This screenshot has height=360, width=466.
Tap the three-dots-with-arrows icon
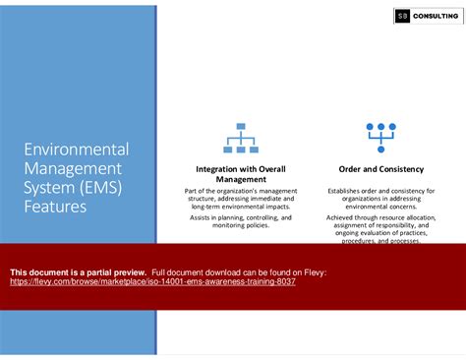coord(380,137)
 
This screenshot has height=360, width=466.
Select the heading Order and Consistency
coord(380,168)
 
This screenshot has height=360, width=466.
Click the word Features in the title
coord(55,207)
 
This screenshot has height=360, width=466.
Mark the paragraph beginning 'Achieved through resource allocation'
coord(380,229)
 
